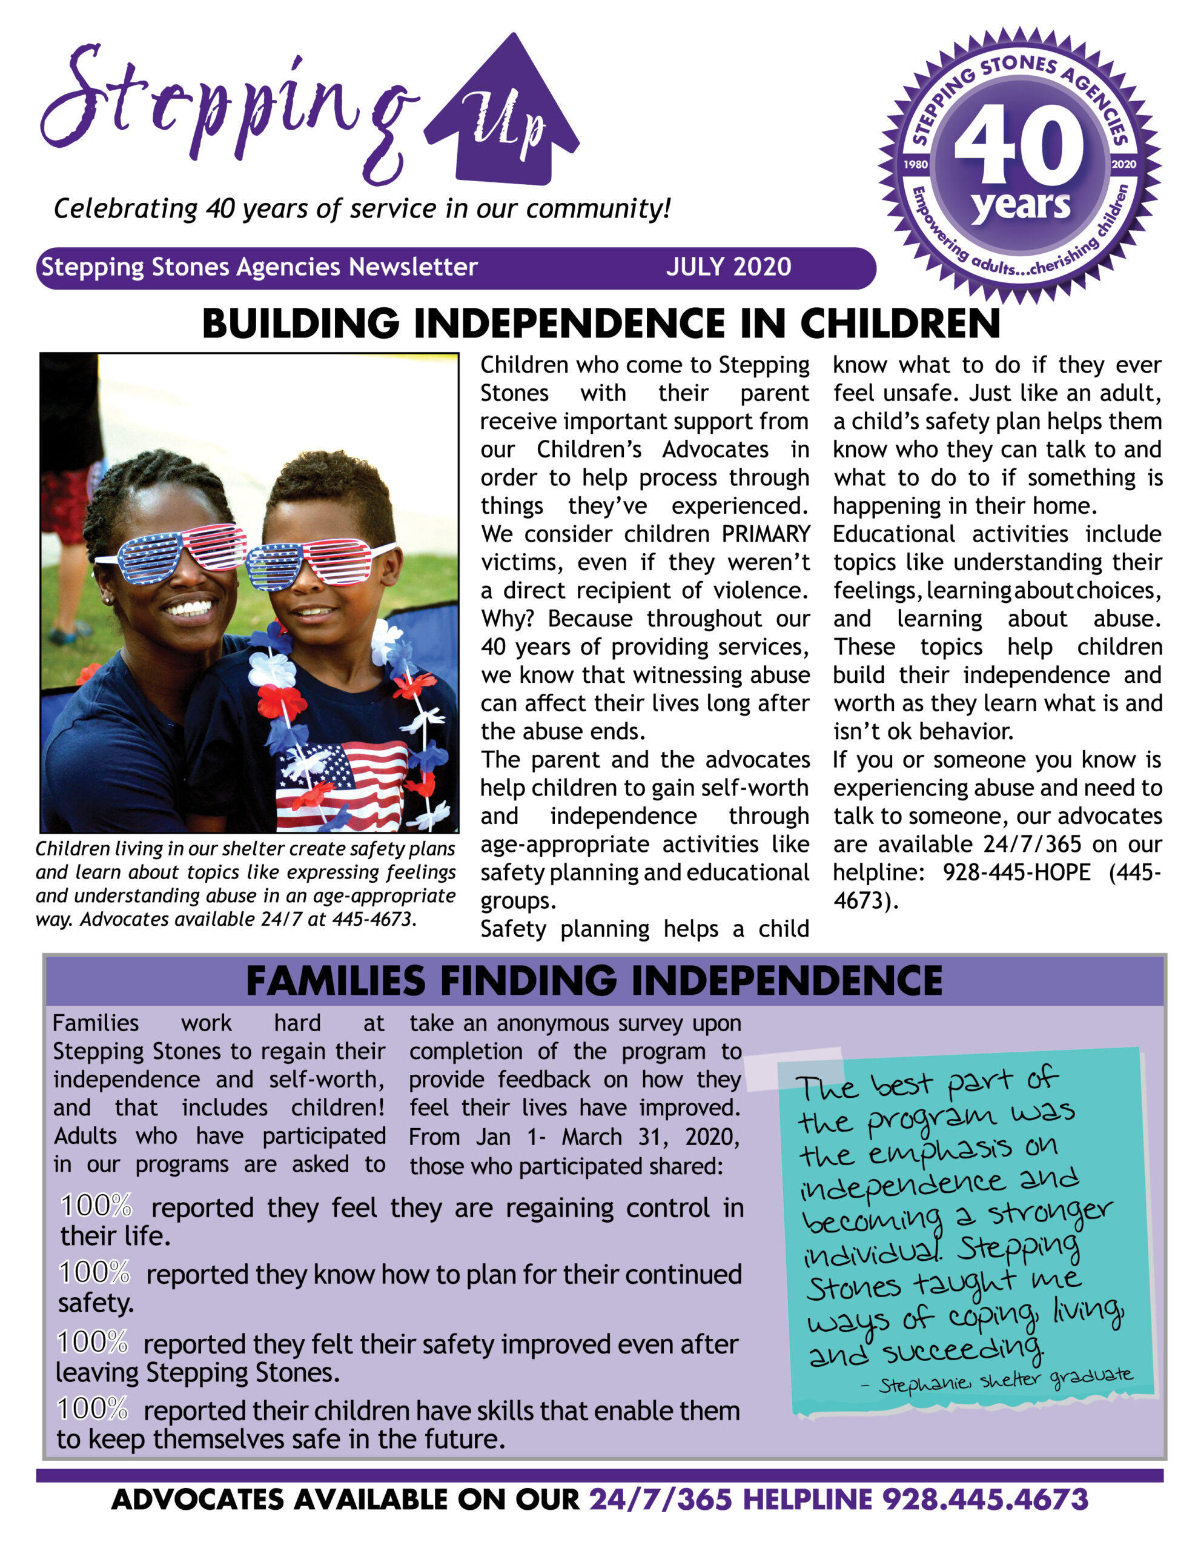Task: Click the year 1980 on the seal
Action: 916,164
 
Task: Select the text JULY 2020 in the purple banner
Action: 728,267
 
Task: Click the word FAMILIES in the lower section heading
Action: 335,981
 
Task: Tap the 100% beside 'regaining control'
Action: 96,1206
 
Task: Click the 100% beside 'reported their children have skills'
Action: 92,1409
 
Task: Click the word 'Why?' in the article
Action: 507,619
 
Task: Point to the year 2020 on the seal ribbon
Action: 1124,164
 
